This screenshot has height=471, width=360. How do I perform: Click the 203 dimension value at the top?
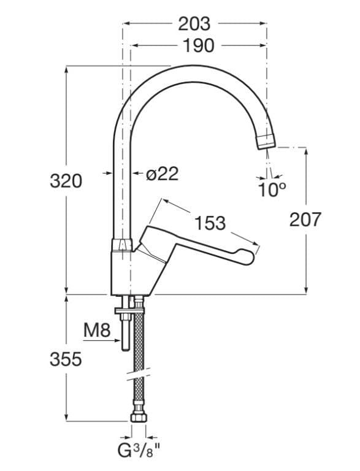194,24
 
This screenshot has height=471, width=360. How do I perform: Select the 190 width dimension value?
197,45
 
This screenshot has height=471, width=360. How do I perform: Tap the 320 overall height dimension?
66,181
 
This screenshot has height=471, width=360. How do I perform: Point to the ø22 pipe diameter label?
163,174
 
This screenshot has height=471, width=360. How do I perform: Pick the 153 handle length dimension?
209,223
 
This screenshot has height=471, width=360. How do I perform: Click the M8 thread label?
96,331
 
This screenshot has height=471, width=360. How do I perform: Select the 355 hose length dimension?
66,359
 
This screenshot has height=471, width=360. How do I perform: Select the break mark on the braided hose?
139,372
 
